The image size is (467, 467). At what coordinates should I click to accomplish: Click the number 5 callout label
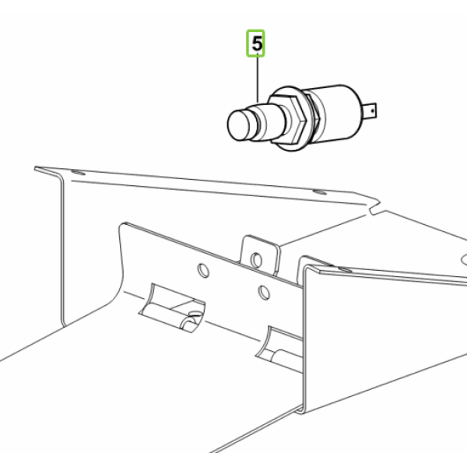[257, 44]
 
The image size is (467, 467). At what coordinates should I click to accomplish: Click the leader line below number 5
[258, 78]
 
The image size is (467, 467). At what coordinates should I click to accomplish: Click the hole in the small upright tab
[256, 260]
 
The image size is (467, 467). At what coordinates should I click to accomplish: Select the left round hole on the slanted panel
[203, 270]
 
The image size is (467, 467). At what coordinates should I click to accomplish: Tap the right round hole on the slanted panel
[264, 293]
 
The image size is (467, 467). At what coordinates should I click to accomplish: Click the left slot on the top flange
[78, 173]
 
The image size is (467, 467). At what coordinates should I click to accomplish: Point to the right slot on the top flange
[320, 191]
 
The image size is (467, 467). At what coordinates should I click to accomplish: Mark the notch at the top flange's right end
[374, 209]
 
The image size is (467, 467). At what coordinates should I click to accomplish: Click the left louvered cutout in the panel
[172, 307]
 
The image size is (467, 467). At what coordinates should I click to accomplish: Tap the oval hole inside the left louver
[195, 314]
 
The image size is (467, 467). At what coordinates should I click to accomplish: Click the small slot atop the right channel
[345, 270]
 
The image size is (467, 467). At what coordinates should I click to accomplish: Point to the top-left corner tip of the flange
[35, 167]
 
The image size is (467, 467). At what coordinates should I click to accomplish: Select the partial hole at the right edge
[464, 260]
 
